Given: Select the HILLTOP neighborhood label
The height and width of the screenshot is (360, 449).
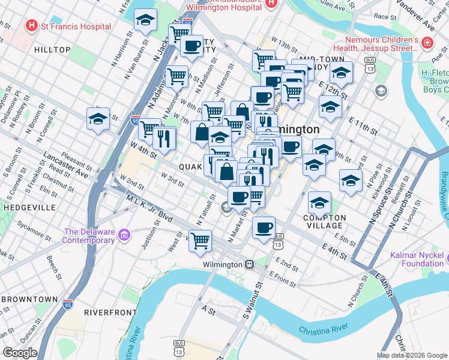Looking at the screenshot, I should pos(53,50).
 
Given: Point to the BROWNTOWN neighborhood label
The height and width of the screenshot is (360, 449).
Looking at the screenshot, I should pos(29,299).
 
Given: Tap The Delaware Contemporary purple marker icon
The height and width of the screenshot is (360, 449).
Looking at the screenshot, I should pos(124,233).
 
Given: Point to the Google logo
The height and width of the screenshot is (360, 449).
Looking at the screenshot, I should pos(20,353).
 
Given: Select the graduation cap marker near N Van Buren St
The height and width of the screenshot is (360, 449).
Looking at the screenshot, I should pos(145,20).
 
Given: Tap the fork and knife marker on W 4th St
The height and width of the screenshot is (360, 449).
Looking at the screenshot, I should pos(163,138).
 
